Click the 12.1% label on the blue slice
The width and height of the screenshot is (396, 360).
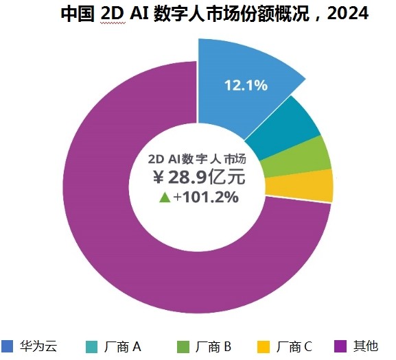click(x=245, y=86)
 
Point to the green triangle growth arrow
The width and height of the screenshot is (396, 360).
click(x=164, y=197)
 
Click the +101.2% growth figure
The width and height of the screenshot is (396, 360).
click(x=206, y=197)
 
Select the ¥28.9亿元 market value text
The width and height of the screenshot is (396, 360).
click(x=198, y=178)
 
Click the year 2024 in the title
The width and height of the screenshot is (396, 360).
click(x=347, y=14)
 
